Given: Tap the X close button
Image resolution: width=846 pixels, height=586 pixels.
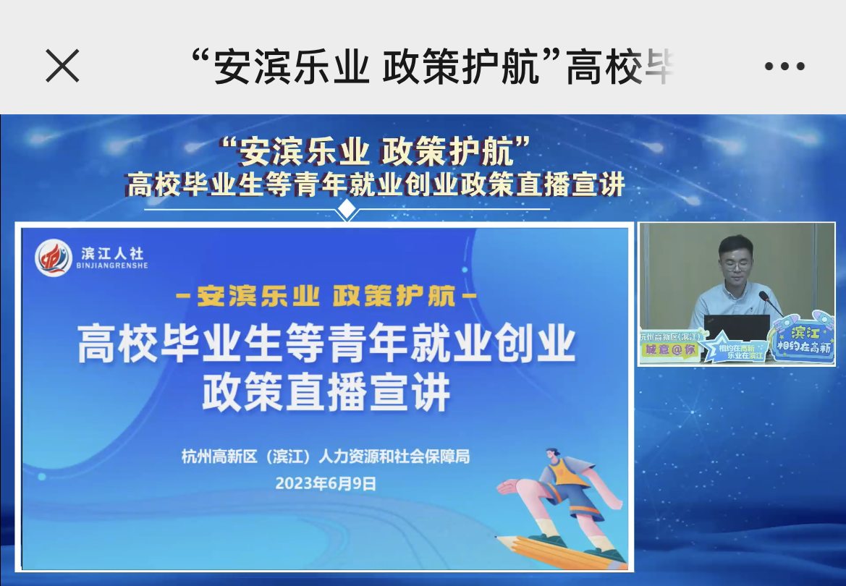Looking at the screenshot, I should coord(62,67).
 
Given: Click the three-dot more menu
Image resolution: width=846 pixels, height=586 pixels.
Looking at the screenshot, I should coord(784,67).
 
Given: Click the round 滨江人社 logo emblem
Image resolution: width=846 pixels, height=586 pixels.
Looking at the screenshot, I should coord(54,258).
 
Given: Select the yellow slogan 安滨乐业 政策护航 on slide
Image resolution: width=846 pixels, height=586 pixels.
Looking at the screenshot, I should coord(326,296).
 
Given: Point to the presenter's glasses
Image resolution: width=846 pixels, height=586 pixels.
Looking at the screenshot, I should coord(736,264).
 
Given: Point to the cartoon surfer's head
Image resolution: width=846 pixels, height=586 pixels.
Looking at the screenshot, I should coord(551,456).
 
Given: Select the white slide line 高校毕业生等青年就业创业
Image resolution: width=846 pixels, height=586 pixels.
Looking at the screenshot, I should coord(326,344).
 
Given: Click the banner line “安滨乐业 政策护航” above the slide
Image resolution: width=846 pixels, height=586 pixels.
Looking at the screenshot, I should coord(376,153).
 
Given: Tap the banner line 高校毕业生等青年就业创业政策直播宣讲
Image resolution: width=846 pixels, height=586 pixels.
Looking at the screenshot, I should coord(376,185).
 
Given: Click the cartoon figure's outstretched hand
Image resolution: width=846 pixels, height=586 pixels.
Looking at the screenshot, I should coord(509,486).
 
